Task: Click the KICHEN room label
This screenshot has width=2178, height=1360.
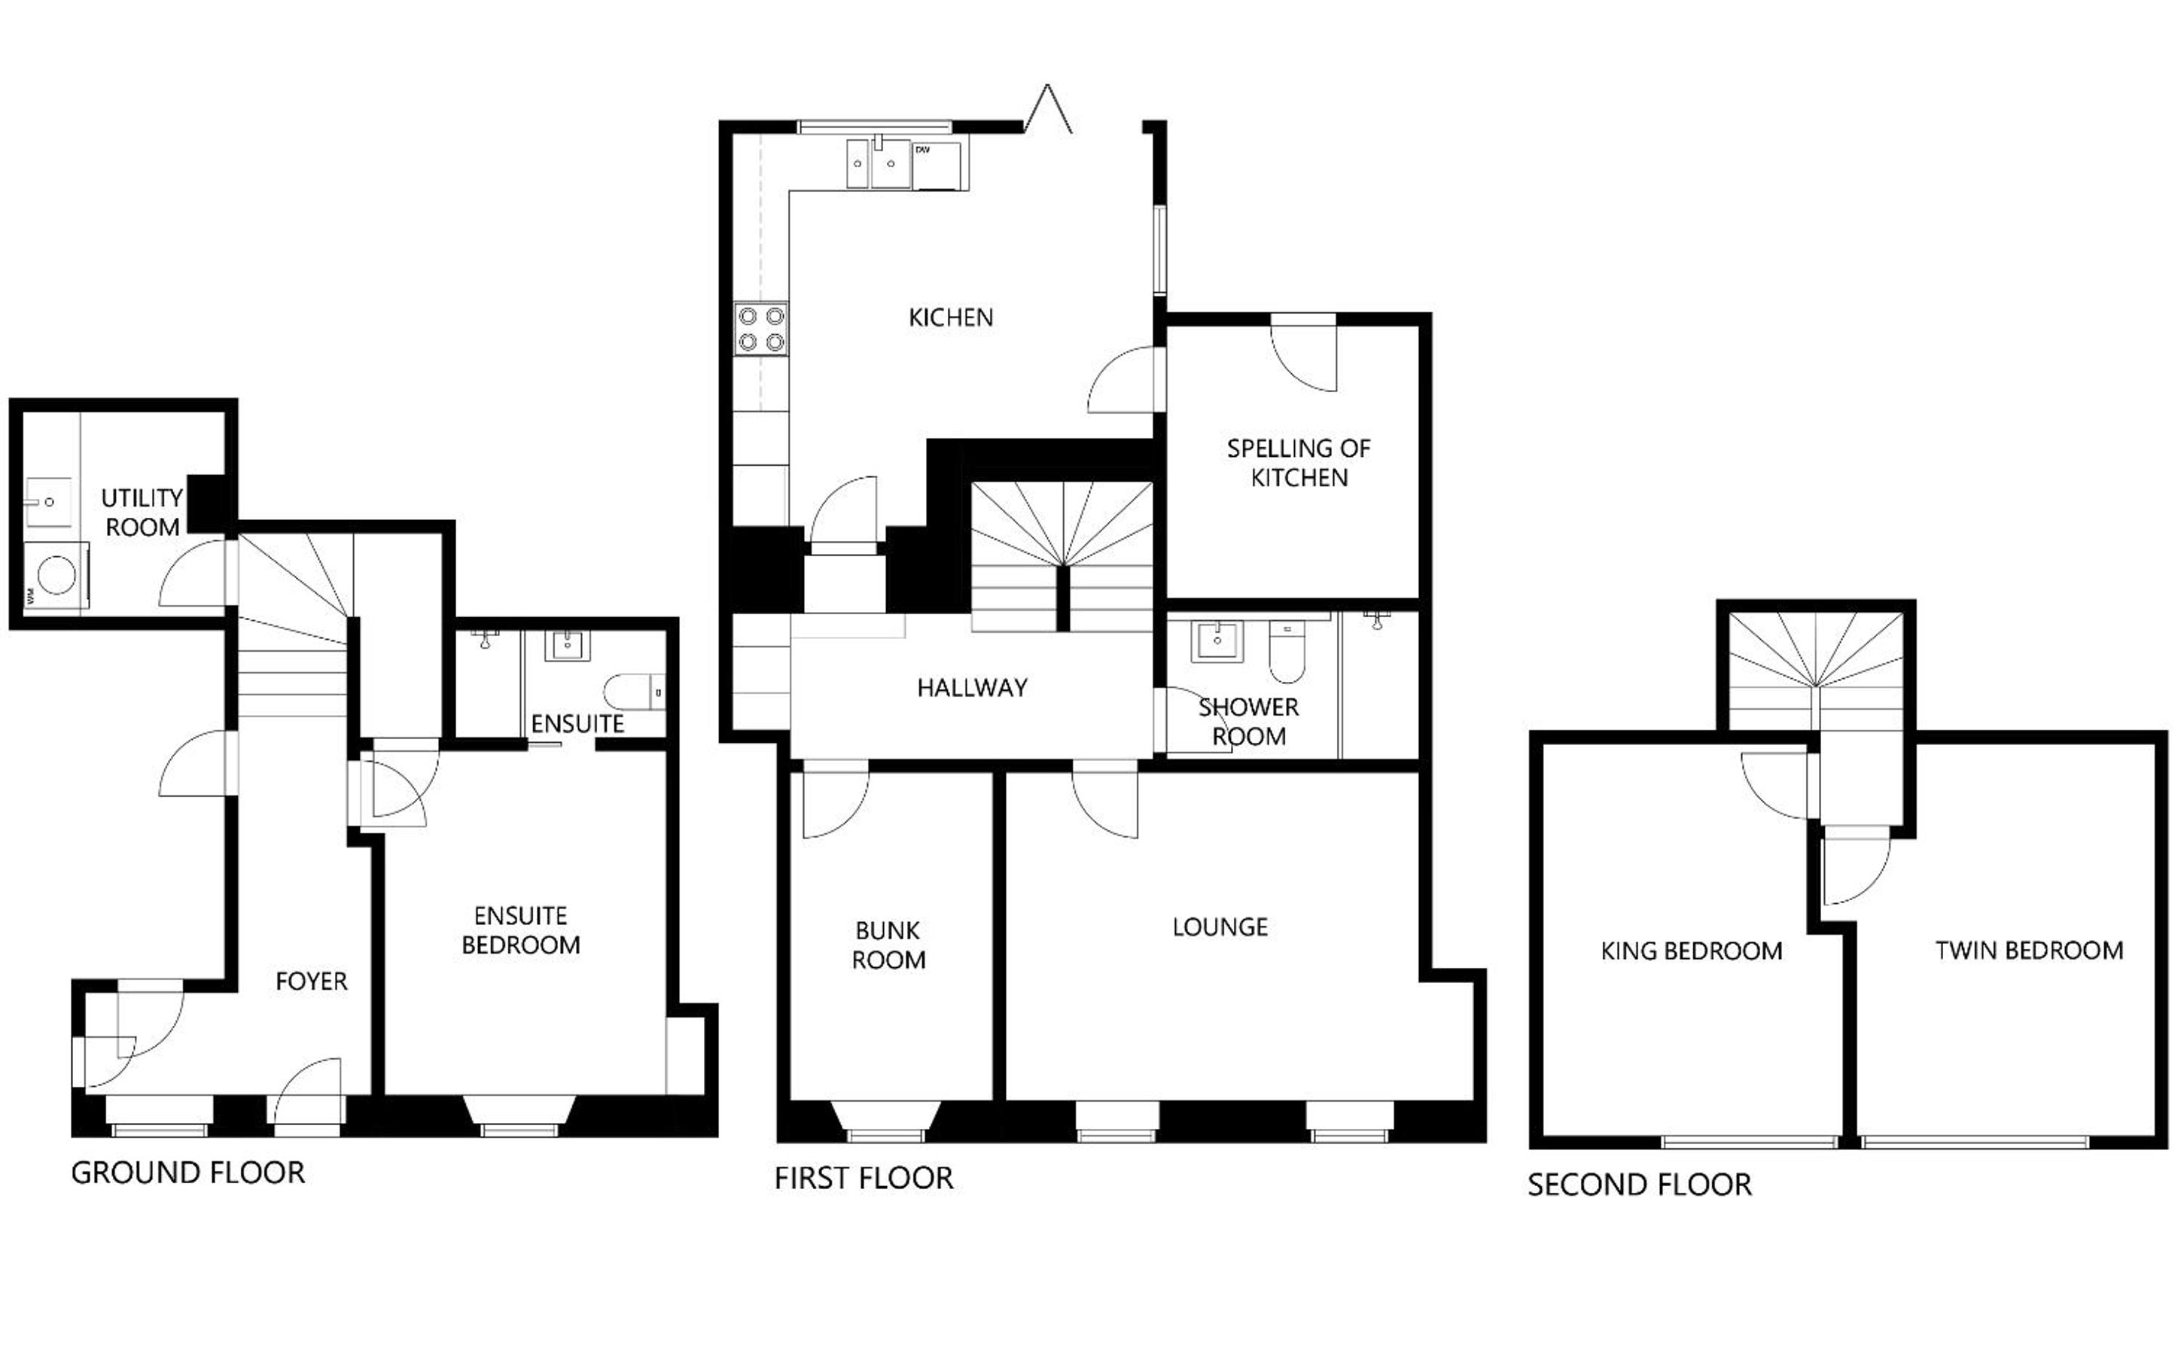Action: coord(950,318)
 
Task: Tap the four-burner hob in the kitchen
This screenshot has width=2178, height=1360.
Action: coord(761,329)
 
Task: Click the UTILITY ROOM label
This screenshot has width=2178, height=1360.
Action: coord(142,513)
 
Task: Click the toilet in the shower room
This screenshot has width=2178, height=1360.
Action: coord(1287,651)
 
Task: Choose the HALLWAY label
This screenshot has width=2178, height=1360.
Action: coord(972,688)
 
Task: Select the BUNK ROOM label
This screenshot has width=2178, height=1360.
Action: coord(889,945)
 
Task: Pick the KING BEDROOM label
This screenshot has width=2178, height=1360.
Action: coord(1692,951)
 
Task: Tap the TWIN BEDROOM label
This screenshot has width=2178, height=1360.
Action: coord(2030,951)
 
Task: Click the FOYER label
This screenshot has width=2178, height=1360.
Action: coord(311,981)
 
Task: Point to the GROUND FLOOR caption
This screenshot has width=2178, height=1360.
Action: coord(188,1173)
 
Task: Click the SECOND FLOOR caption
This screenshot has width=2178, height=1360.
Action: coord(1640,1185)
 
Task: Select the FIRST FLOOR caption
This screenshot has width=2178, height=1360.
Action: coord(864,1179)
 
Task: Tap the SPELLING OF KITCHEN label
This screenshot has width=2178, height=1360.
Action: coord(1299,463)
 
